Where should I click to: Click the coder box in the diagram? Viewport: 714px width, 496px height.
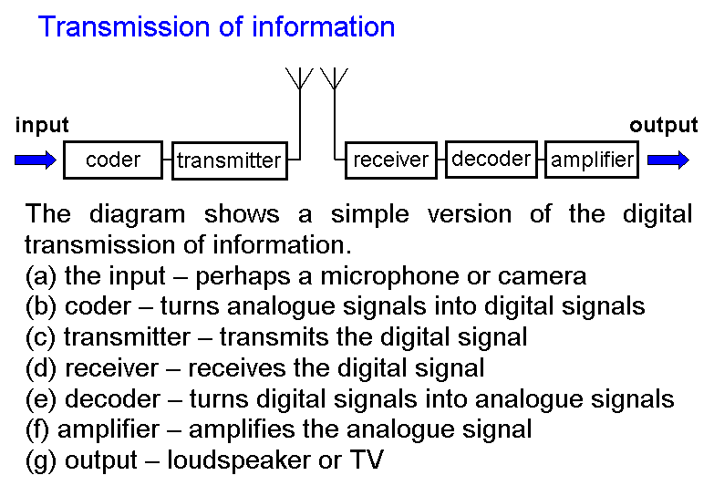[113, 160]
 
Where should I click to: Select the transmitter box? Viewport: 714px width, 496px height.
[229, 161]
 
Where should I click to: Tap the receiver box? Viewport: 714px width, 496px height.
[390, 160]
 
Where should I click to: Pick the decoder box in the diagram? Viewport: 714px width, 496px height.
[491, 159]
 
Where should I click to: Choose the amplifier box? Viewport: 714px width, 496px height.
[592, 160]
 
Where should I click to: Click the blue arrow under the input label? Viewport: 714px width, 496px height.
[36, 160]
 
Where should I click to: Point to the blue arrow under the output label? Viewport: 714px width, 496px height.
[668, 160]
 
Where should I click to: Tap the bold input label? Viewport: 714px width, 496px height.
[42, 126]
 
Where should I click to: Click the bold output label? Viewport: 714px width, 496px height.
[663, 126]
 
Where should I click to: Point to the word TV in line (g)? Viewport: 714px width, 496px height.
[366, 460]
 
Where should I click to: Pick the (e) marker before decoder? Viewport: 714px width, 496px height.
[42, 399]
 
